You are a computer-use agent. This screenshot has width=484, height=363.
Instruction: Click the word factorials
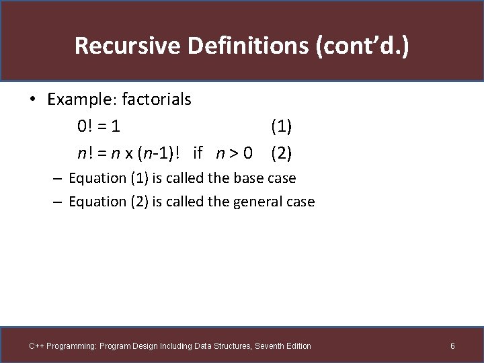click(x=153, y=99)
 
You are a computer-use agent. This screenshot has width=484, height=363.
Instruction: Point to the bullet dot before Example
click(x=32, y=100)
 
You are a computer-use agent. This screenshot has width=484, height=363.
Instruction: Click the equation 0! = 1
click(x=99, y=126)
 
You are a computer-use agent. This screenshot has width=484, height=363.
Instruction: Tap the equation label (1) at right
click(x=281, y=126)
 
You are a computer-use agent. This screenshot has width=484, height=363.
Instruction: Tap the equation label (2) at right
click(x=281, y=153)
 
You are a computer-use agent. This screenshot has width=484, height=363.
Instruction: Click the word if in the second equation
click(x=198, y=153)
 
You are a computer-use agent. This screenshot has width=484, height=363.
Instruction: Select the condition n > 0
click(x=234, y=153)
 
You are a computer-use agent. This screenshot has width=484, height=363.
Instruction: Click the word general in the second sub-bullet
click(x=258, y=201)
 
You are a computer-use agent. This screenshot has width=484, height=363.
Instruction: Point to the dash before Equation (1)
click(x=58, y=179)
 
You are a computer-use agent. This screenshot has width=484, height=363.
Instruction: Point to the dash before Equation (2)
click(x=58, y=202)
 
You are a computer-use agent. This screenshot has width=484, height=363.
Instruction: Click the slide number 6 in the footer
click(x=452, y=346)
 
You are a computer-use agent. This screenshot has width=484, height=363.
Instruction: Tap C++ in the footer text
click(x=36, y=346)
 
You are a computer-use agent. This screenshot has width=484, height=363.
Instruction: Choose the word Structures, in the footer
click(x=231, y=346)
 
